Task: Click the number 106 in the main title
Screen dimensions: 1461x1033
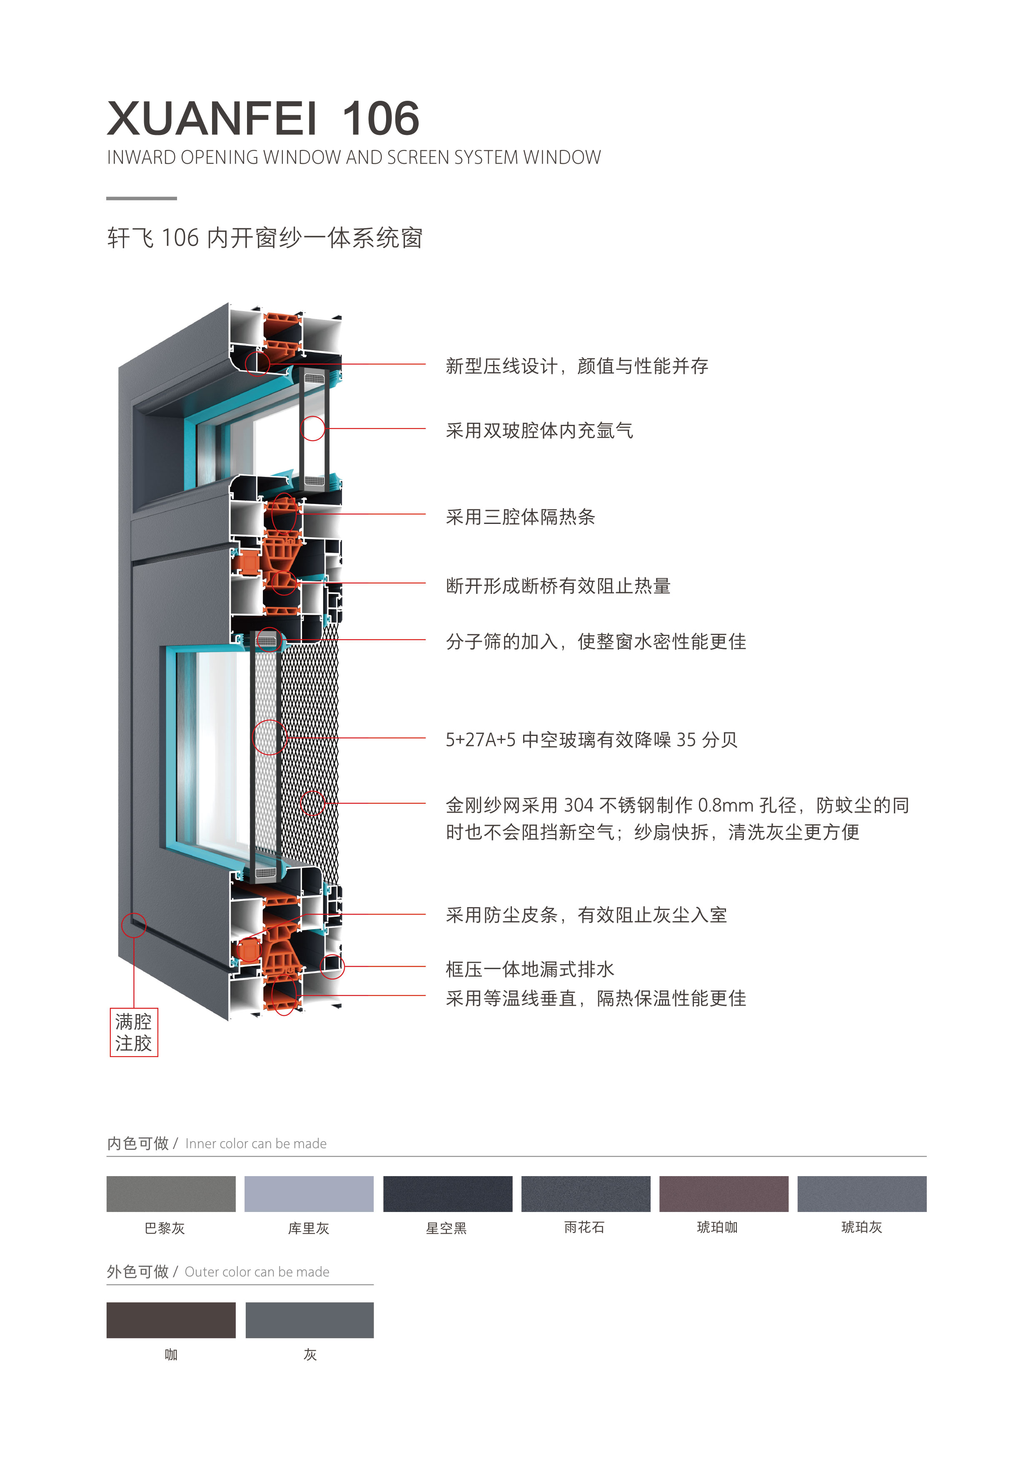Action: coord(381,119)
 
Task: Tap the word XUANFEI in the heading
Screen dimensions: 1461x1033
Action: coord(212,119)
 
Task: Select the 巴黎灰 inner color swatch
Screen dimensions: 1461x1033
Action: coord(171,1194)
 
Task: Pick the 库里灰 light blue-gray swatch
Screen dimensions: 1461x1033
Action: coord(309,1194)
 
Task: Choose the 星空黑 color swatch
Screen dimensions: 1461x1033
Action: coord(447,1194)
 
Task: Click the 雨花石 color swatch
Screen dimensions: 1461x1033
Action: coord(586,1194)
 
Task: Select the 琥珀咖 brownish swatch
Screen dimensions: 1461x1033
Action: coord(724,1194)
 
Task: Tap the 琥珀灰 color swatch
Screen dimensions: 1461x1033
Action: coord(862,1194)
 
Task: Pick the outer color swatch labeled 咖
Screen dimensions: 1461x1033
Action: coord(171,1320)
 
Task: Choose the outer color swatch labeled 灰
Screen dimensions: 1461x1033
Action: coord(309,1320)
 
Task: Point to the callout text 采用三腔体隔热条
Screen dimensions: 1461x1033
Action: coord(520,517)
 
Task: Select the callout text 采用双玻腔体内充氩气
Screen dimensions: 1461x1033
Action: coord(539,431)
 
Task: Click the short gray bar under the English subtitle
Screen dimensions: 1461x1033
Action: coord(141,199)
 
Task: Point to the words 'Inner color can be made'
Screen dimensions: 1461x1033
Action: coord(256,1144)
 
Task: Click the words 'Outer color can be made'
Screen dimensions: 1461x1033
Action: coord(257,1272)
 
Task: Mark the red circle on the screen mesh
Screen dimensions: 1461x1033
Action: coord(312,803)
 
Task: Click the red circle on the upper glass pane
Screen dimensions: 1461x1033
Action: coord(312,428)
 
